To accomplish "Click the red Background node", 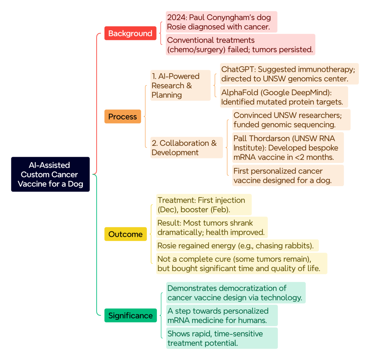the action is click(130, 33).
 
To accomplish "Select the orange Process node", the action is click(123, 116).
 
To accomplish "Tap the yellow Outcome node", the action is click(125, 234).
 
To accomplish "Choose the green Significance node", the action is click(131, 316).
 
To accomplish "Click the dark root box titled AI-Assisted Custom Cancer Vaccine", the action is click(50, 174).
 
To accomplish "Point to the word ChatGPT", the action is click(238, 69).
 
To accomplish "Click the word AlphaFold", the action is click(240, 92).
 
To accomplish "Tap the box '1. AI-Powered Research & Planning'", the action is click(181, 85).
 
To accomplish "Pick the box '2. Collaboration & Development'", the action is click(187, 147).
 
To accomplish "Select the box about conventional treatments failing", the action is click(241, 44).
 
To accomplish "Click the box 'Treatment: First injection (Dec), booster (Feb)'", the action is click(204, 205).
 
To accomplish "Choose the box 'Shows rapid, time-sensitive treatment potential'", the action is click(222, 338).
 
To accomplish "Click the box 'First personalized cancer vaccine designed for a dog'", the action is click(288, 176).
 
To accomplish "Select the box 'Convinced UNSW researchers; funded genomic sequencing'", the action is click(292, 120).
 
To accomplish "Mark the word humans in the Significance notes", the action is click(252, 320).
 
